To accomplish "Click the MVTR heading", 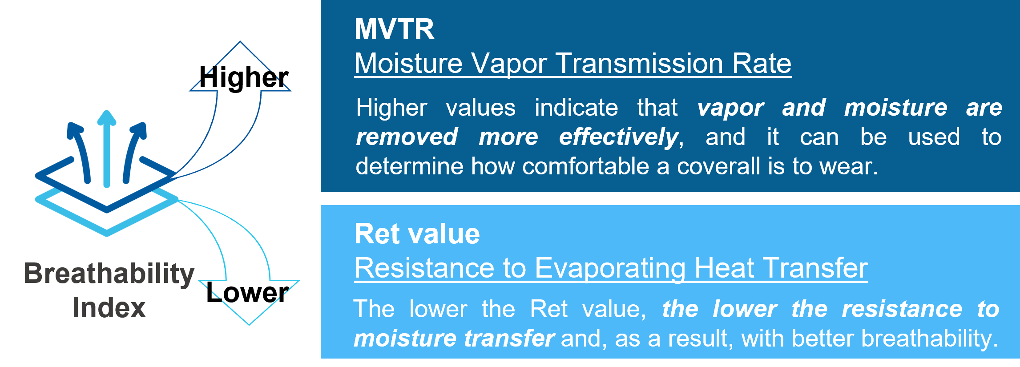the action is point(394,29).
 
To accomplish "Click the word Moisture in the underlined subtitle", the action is point(408,63).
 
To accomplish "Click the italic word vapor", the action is point(730,108).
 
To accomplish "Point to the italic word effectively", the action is point(619,137).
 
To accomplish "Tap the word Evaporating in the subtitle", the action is point(610,269).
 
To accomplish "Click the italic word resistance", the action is point(902,309).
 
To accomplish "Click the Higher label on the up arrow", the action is point(244,77).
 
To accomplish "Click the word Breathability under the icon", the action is point(109,274).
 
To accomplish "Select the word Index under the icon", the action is point(109,307).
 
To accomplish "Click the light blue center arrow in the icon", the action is point(107,149).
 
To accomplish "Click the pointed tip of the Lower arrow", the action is point(249,325).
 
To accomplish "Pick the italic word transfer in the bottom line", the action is point(509,339).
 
